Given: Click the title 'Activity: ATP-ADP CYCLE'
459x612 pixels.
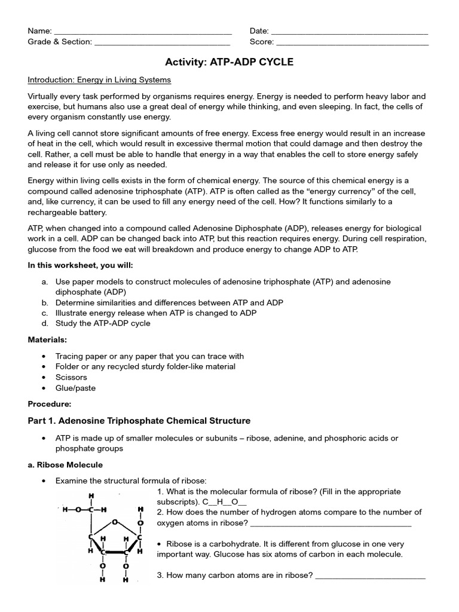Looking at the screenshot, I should point(229,62).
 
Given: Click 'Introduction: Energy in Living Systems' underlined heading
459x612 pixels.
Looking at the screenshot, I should point(99,79).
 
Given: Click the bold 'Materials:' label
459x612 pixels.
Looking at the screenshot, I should point(47,339).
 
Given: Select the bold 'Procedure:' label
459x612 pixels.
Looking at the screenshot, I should point(50,403).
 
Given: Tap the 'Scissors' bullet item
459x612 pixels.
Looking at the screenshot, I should point(71,377).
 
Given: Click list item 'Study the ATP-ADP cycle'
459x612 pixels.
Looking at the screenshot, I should point(103,323).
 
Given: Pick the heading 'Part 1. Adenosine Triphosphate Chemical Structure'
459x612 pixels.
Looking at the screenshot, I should point(139,421).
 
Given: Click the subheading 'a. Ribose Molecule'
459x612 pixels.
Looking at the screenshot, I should point(65,464).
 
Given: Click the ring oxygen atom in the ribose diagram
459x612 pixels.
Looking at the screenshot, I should point(115,522).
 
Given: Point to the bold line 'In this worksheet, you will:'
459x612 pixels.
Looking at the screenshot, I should point(80,265).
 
